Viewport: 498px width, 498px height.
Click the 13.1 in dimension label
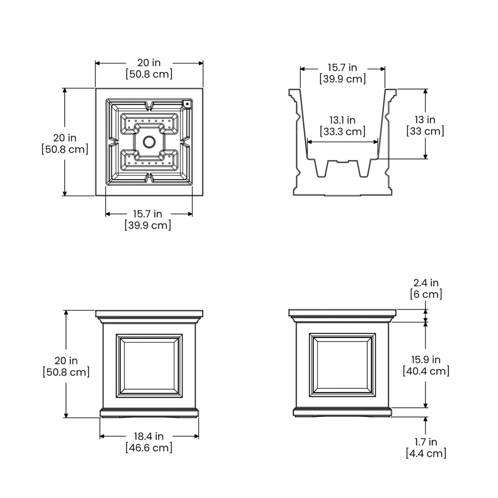342,120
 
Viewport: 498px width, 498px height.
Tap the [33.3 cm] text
343,131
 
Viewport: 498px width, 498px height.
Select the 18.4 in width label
149,436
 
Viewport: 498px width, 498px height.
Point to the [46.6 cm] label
149,448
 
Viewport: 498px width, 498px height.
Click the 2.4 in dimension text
426,283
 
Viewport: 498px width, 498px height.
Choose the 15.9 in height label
426,359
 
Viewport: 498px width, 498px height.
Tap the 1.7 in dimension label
426,442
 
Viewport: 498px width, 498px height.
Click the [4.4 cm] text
426,453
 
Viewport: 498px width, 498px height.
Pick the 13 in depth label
425,120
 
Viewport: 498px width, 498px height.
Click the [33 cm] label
425,131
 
